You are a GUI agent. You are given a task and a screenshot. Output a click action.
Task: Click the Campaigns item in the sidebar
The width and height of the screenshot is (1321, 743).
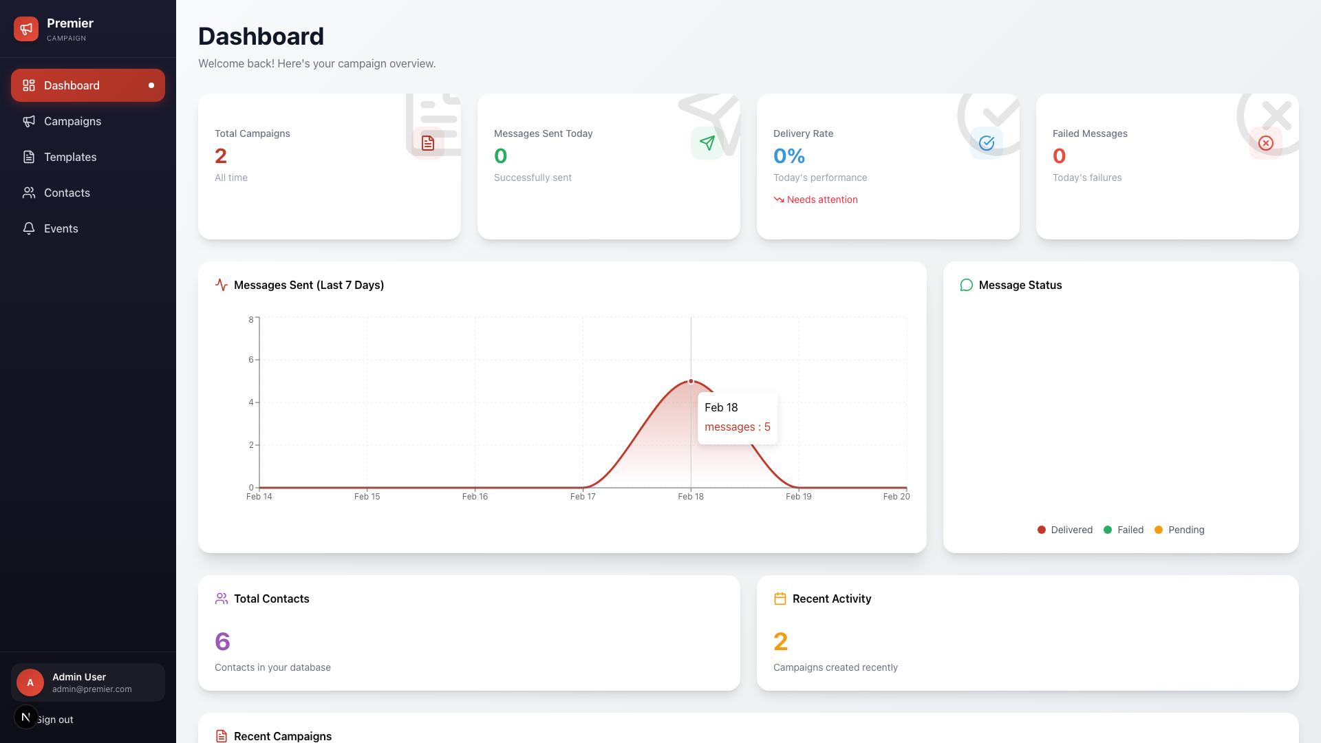[x=72, y=121]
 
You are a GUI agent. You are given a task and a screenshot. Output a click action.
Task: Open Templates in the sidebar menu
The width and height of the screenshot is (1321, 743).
[x=69, y=157]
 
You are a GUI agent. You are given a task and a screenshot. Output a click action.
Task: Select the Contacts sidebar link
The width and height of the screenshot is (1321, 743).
[x=67, y=193]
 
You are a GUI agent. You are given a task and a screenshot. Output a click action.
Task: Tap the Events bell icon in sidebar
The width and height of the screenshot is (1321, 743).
[x=29, y=228]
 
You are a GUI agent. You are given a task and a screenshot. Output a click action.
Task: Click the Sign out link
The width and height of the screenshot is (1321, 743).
[x=55, y=720]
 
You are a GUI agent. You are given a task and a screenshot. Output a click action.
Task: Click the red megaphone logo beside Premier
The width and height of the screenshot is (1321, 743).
[x=26, y=29]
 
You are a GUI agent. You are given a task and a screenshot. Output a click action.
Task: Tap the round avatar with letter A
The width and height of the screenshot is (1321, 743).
[x=30, y=682]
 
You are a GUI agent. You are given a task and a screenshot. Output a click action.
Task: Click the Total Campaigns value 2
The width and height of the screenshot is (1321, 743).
[x=221, y=156]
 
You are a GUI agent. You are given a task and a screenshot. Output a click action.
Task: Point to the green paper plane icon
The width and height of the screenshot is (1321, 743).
[x=707, y=143]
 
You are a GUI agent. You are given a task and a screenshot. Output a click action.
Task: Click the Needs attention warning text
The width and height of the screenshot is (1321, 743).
[x=821, y=200]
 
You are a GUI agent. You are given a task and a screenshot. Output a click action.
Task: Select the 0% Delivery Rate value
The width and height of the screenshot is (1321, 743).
[x=789, y=156]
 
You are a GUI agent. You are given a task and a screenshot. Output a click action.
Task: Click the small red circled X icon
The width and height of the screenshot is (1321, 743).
[x=1265, y=143]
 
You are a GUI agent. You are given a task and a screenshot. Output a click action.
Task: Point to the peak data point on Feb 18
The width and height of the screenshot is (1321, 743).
[x=691, y=381]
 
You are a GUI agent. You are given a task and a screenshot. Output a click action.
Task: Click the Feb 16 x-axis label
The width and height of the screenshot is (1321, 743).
[x=475, y=497]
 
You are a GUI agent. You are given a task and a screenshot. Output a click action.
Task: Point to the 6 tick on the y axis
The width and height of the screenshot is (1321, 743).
[x=251, y=360]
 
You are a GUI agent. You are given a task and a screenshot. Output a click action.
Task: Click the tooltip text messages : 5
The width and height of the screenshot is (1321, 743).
[x=737, y=427]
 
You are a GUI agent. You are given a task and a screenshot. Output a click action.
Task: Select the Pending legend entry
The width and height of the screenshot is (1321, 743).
[x=1185, y=530]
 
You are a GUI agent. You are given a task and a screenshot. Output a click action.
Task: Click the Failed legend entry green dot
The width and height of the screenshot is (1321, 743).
[x=1108, y=530]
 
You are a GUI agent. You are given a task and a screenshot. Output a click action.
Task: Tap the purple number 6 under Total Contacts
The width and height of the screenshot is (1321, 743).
[x=222, y=642]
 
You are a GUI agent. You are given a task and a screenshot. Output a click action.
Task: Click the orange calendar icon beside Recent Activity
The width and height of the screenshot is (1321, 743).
[x=780, y=599]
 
